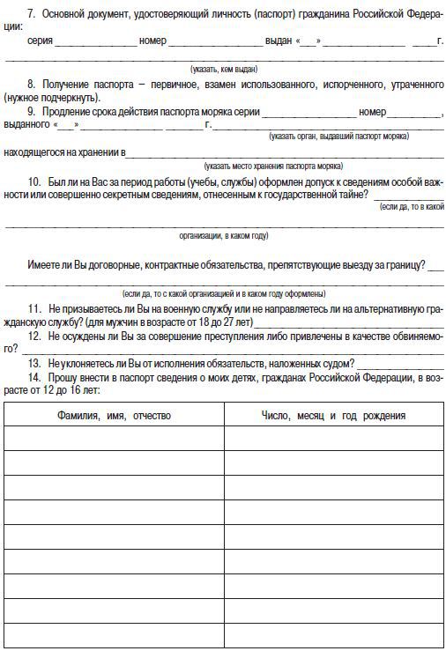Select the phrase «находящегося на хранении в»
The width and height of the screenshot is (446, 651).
pos(63,152)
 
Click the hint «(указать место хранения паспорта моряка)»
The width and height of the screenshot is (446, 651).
pos(272,166)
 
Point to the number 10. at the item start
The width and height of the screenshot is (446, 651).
pos(34,181)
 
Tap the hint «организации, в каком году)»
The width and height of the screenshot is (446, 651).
pos(224,235)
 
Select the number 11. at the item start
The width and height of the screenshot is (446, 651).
pos(34,310)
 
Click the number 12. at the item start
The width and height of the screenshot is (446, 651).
pos(34,337)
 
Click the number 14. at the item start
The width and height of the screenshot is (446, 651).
pos(34,376)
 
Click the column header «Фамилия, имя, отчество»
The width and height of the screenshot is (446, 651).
pos(114,414)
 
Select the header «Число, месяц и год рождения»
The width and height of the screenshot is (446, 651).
pos(333,414)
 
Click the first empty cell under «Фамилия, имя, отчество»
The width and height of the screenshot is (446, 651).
pos(114,438)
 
